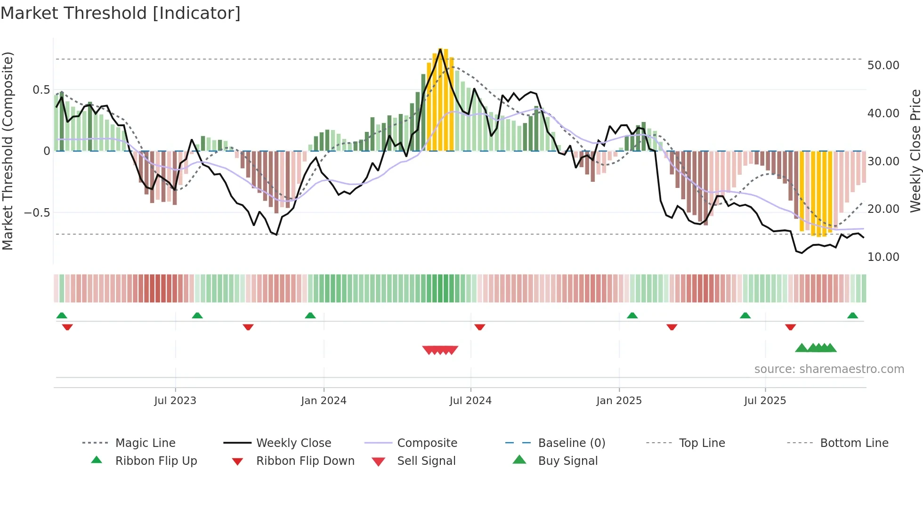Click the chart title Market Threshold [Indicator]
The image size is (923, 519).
[121, 13]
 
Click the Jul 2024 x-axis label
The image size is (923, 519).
[470, 400]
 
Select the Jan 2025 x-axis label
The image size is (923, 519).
[619, 400]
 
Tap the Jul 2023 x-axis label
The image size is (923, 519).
[175, 400]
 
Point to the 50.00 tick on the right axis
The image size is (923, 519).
[883, 65]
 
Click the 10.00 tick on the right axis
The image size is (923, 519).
[883, 257]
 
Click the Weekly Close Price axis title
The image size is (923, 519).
[915, 151]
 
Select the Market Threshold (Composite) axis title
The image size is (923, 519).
[8, 151]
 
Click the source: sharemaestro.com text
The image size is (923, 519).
[829, 369]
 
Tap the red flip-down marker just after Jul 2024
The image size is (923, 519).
[480, 327]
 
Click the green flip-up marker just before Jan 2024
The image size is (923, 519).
[310, 316]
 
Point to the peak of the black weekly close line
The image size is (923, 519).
[440, 49]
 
